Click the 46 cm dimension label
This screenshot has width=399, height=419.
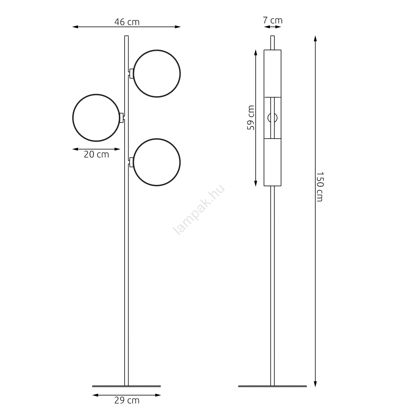click(127, 22)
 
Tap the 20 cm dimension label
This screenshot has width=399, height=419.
click(96, 155)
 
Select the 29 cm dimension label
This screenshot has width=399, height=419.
click(127, 400)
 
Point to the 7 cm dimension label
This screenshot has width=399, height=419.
click(273, 20)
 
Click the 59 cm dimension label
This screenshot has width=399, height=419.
click(251, 118)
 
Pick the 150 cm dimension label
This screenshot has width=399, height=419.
click(320, 187)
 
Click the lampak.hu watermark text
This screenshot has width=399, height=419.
click(199, 210)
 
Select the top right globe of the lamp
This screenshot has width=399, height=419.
click(157, 50)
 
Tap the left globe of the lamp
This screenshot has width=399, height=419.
click(96, 94)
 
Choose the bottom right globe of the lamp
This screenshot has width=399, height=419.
click(157, 139)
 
